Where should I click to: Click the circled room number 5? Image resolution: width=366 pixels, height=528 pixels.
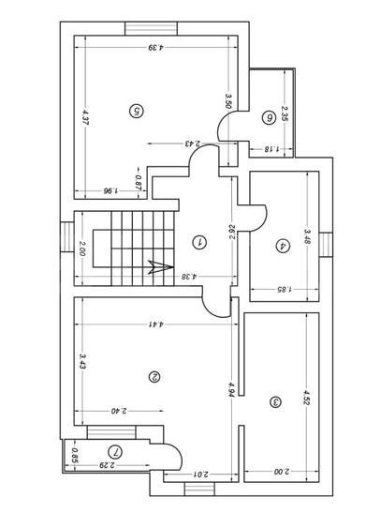pyautogui.click(x=137, y=111)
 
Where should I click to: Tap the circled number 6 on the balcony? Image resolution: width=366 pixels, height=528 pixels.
pyautogui.click(x=270, y=117)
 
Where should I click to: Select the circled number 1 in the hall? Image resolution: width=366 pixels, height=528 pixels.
pyautogui.click(x=198, y=241)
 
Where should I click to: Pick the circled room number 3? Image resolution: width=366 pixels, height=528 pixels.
pyautogui.click(x=275, y=401)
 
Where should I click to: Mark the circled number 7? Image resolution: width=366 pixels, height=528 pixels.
pyautogui.click(x=114, y=451)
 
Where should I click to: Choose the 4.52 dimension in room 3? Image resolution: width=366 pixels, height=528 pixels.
pyautogui.click(x=306, y=400)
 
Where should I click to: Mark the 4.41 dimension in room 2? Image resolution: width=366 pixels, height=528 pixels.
pyautogui.click(x=152, y=324)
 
